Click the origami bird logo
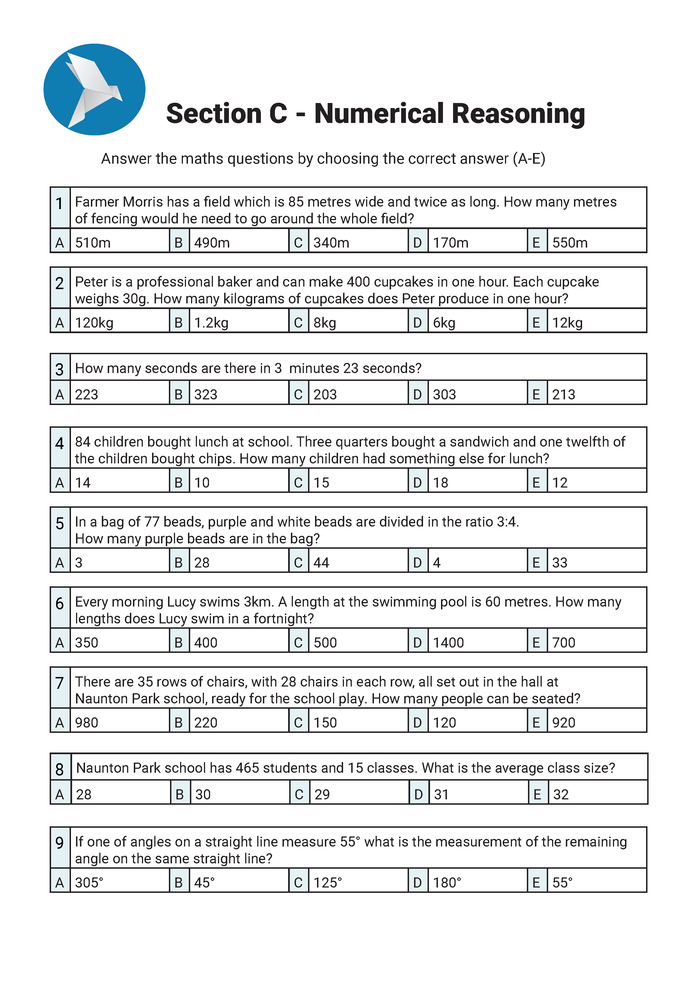(94, 90)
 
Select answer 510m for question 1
(93, 243)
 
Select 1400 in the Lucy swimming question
(448, 643)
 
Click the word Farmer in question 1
(97, 202)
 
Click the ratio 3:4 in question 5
(507, 522)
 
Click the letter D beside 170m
(417, 243)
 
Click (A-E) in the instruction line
(529, 159)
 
